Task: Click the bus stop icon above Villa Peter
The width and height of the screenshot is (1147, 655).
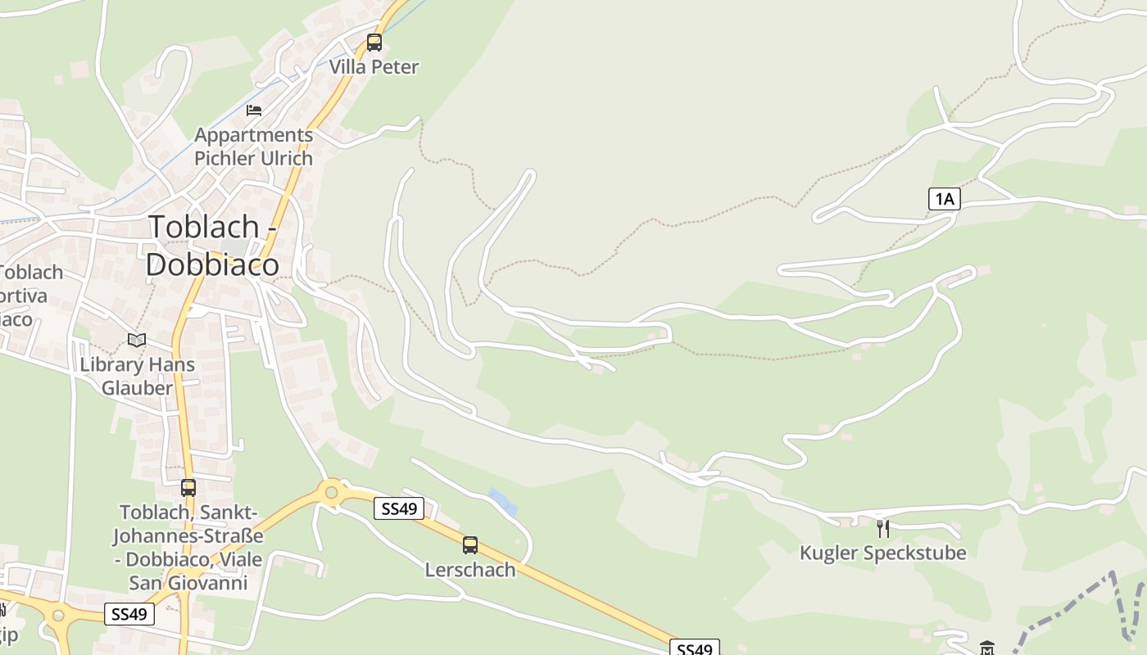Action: [374, 43]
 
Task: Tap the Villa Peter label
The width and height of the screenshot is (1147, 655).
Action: [374, 67]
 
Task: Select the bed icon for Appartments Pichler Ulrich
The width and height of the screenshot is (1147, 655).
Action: [254, 110]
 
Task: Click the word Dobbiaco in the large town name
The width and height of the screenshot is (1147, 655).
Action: [212, 264]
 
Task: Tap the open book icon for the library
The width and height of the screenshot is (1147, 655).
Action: [137, 340]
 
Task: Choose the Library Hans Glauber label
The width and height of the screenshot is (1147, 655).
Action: [137, 376]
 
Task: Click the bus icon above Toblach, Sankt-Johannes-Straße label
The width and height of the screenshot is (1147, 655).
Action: [188, 488]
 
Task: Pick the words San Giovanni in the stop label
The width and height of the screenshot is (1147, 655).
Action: [188, 583]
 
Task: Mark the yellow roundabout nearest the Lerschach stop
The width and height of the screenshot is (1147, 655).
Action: [331, 492]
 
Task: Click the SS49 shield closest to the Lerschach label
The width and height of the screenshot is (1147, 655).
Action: [399, 508]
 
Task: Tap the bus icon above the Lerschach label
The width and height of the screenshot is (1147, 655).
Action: [470, 545]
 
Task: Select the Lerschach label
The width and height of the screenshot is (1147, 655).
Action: [470, 570]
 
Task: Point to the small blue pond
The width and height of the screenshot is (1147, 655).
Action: [503, 500]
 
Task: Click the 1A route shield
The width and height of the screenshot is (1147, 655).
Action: [944, 198]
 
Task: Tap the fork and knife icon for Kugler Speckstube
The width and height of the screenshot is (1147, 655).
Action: [882, 529]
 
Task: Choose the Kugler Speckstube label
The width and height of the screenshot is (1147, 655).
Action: [882, 553]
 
